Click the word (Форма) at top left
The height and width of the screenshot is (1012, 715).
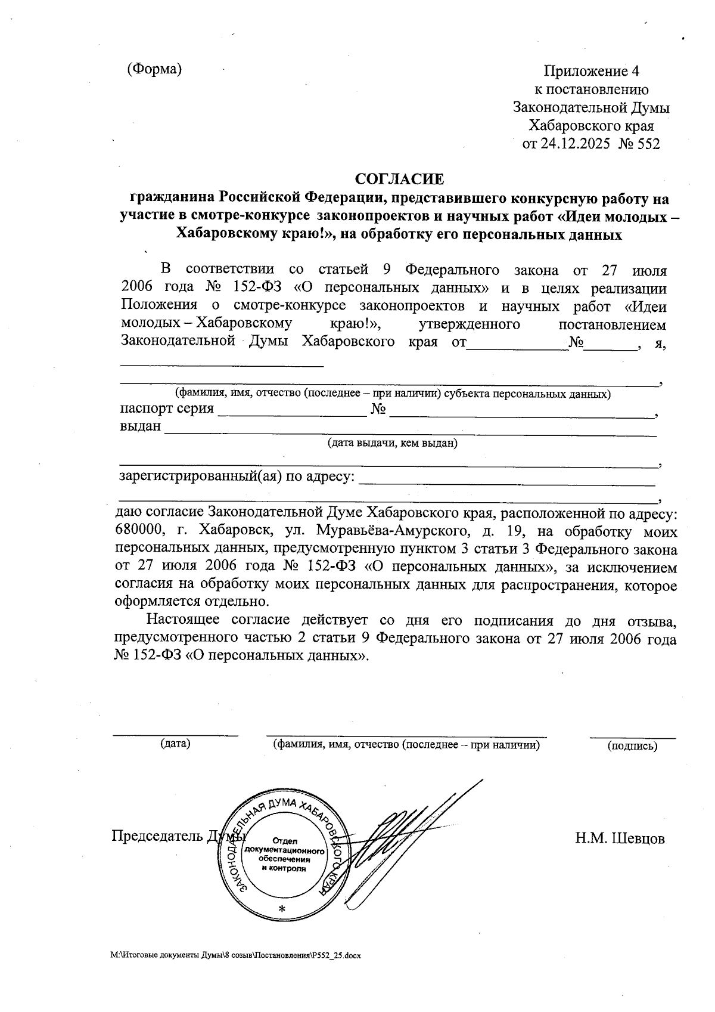pos(154,69)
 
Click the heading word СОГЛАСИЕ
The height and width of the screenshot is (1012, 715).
pos(400,178)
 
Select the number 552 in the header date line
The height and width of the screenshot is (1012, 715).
pos(648,144)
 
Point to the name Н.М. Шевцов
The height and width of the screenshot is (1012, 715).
pos(620,838)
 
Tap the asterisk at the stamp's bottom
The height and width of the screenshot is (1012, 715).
pos(282,909)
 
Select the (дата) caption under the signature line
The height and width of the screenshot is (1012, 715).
pos(175,744)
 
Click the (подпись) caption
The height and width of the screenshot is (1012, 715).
pos(632,745)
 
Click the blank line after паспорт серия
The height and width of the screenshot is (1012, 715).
pos(292,413)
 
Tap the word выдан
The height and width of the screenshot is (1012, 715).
pos(141,426)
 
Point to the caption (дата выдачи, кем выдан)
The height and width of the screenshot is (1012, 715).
pos(392,443)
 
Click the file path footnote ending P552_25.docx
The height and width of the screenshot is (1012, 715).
pos(236,955)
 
